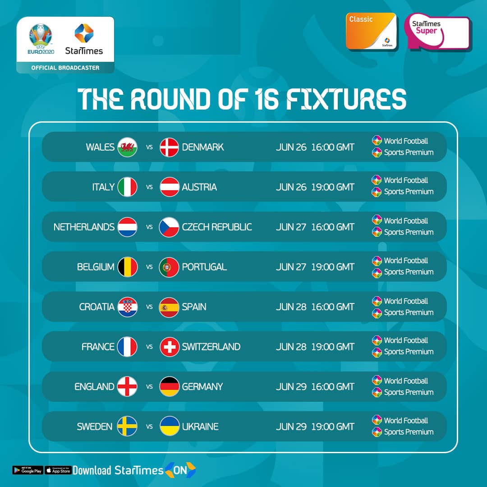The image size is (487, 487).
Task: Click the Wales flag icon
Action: click(127, 147)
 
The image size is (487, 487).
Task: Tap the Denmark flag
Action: click(169, 147)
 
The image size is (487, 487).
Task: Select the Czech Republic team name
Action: click(217, 227)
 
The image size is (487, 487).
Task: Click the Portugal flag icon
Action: click(169, 267)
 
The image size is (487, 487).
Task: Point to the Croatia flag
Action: click(127, 307)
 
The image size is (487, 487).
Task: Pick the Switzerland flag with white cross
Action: click(169, 347)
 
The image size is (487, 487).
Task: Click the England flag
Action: click(127, 387)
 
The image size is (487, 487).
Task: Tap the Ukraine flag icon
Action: click(170, 426)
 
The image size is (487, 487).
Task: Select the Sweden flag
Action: click(127, 426)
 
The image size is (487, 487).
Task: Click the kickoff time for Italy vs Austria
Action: click(333, 187)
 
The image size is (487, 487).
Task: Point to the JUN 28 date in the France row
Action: click(291, 347)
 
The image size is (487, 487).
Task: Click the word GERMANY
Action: click(202, 387)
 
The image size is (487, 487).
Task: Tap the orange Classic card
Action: click(371, 31)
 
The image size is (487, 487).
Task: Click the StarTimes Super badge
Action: click(438, 31)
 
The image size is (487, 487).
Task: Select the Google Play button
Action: click(28, 470)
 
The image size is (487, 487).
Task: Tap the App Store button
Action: click(58, 470)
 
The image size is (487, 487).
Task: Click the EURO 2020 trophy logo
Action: click(41, 39)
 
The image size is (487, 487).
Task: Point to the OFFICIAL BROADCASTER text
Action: click(65, 68)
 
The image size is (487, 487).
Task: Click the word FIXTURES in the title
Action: click(346, 99)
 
